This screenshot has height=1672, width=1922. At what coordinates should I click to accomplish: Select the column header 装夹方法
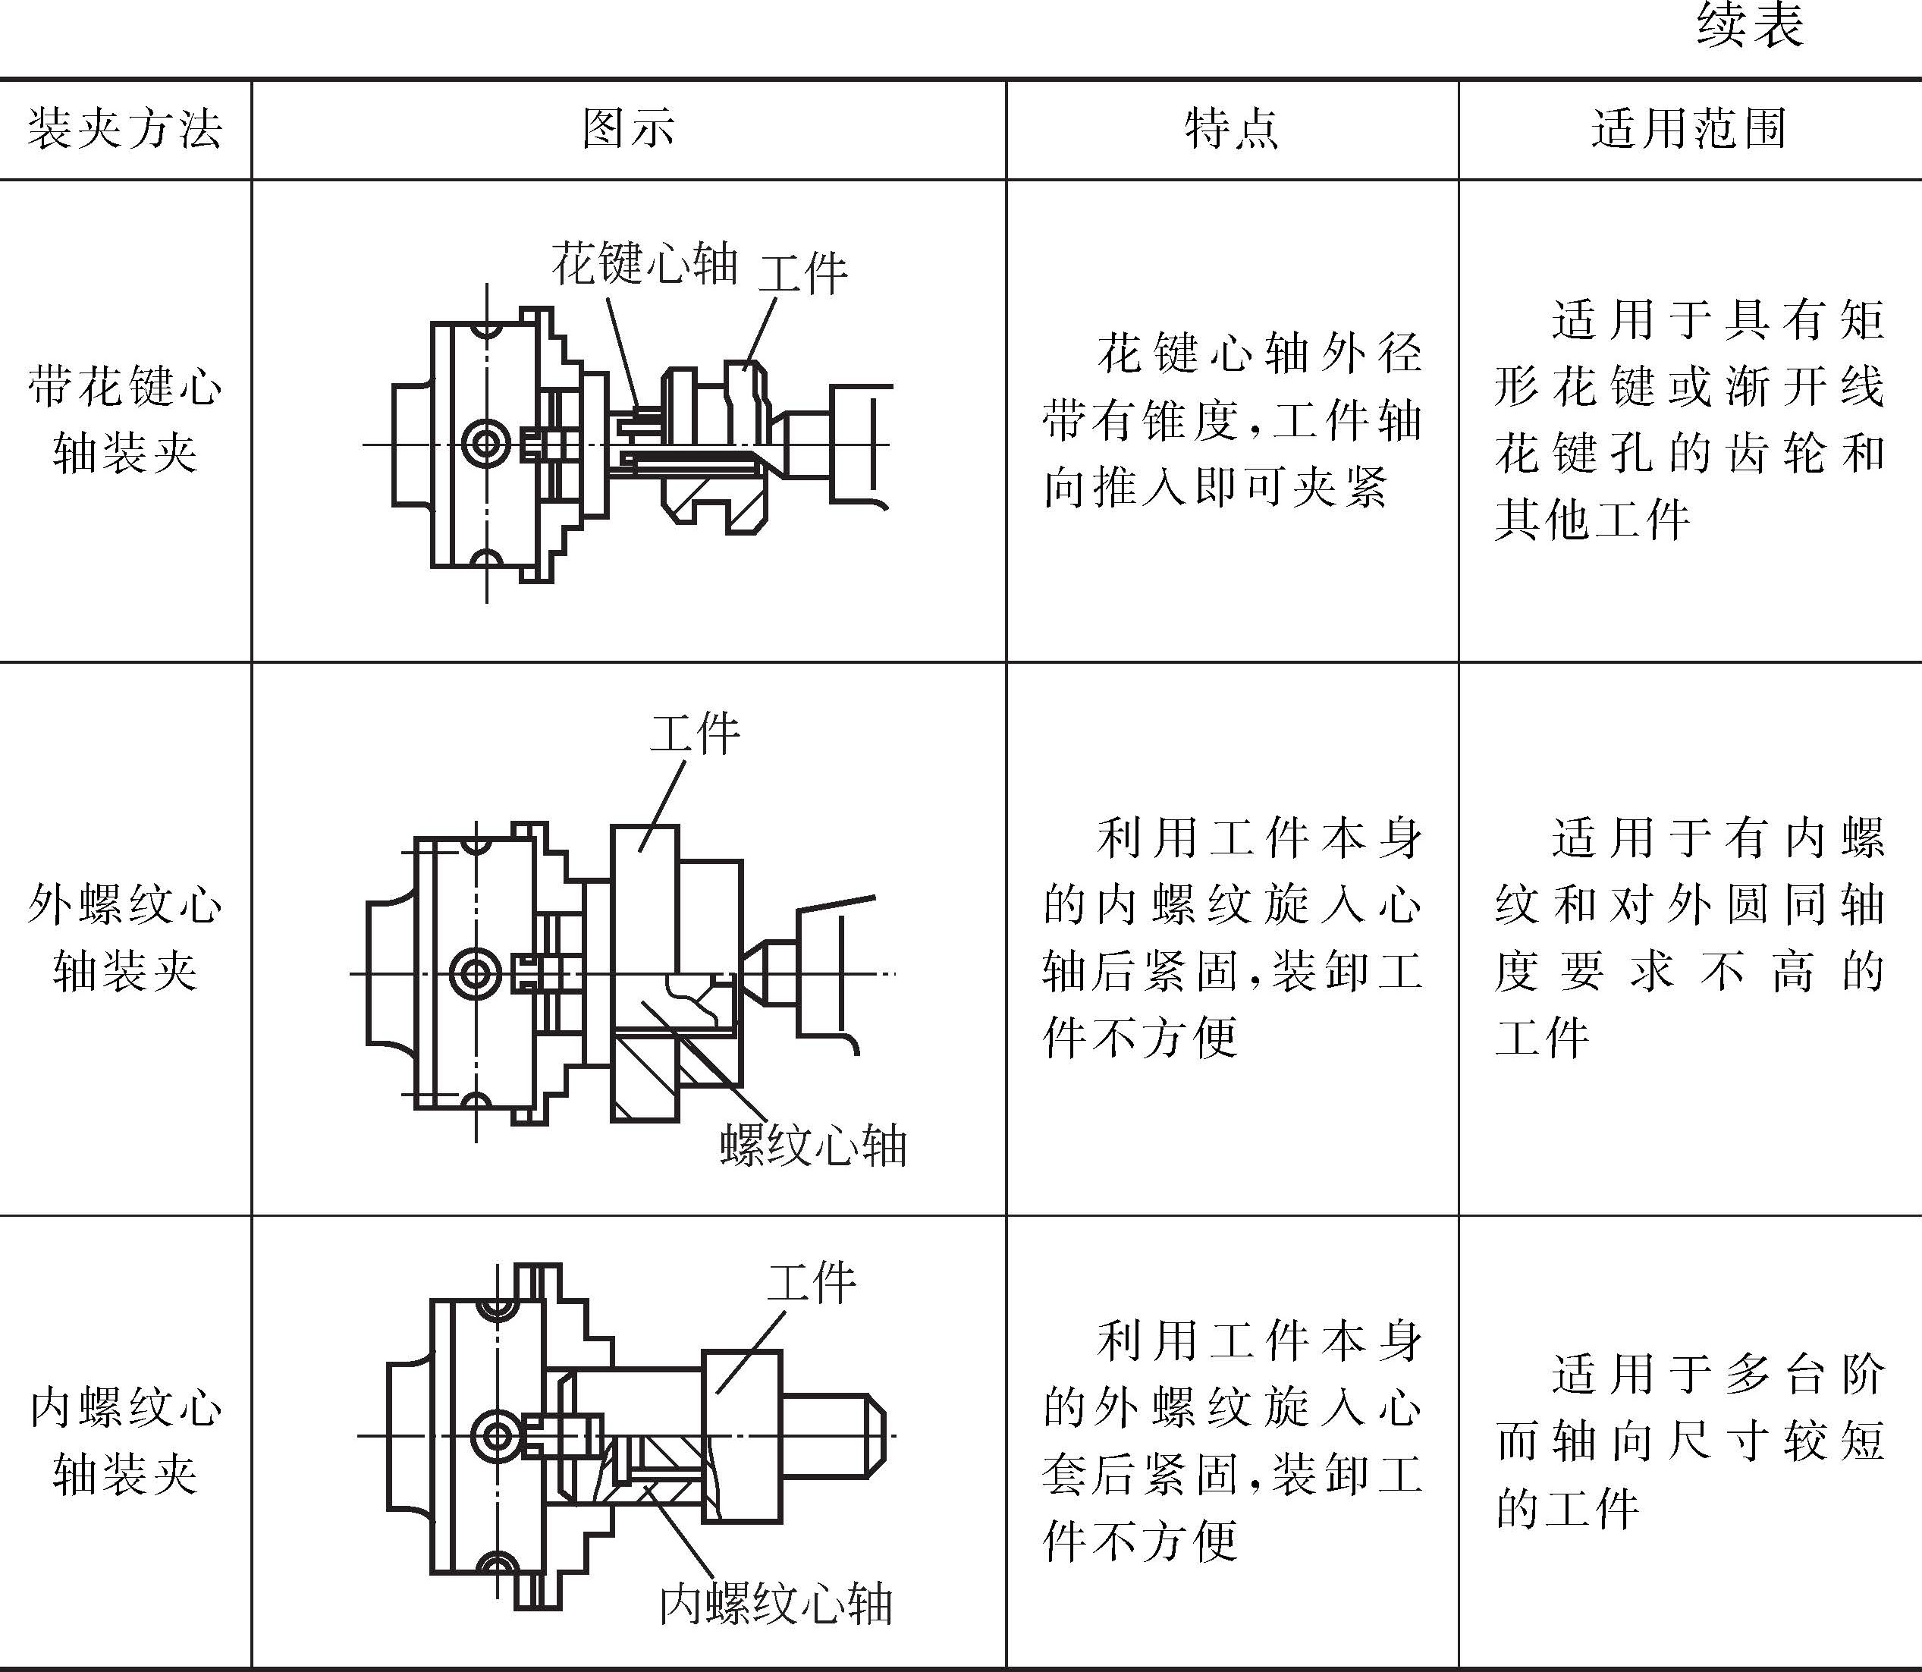[125, 129]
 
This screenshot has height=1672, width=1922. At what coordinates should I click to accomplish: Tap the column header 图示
[628, 129]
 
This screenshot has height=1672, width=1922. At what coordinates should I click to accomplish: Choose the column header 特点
[1232, 129]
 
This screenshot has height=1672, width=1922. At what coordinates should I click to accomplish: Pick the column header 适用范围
[1688, 129]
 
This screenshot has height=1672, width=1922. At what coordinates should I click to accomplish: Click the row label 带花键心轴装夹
[125, 420]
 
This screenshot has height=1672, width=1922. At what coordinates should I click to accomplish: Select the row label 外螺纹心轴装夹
[125, 938]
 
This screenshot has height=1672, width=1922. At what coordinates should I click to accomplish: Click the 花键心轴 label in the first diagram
[645, 263]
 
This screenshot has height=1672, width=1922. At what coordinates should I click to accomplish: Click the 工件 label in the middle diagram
[695, 734]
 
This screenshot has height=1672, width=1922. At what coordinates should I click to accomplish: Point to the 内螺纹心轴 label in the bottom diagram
[776, 1604]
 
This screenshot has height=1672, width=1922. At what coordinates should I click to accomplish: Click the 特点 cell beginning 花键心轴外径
[1232, 420]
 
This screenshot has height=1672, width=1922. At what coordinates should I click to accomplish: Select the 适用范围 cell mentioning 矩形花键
[1688, 420]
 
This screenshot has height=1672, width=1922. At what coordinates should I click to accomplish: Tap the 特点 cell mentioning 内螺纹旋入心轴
[1232, 938]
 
